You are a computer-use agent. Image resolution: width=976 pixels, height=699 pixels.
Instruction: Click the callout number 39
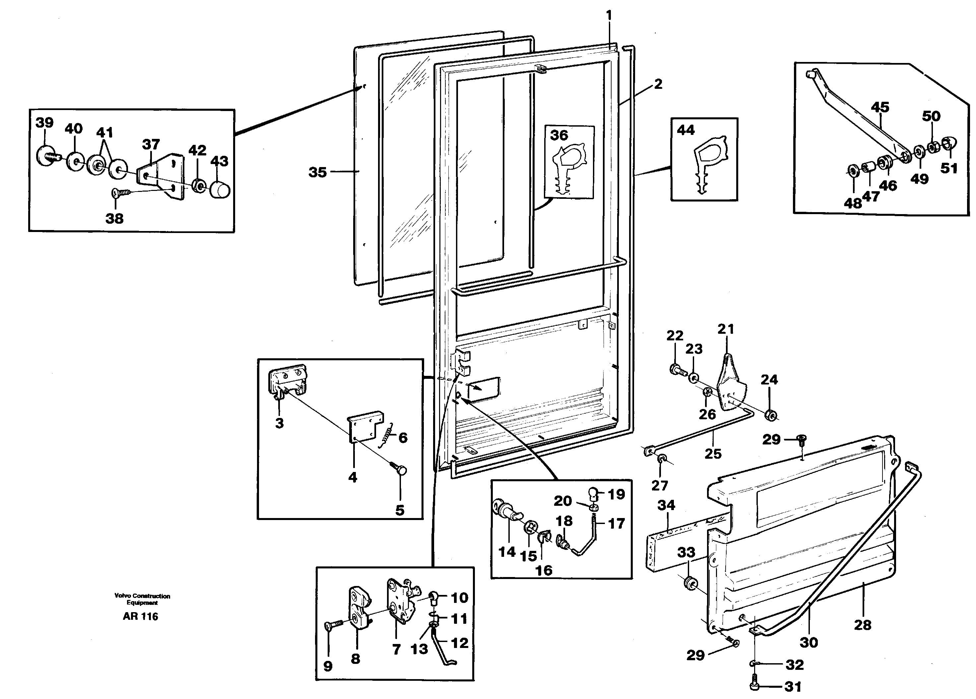[44, 123]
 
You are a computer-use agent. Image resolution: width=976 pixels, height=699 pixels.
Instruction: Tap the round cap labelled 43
[220, 190]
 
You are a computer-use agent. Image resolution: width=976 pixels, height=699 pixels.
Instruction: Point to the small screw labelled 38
[118, 194]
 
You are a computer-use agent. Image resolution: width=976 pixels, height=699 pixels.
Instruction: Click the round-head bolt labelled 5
[402, 471]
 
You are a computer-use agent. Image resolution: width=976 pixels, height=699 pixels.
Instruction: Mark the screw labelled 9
[331, 625]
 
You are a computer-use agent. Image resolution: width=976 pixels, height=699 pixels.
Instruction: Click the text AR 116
[140, 616]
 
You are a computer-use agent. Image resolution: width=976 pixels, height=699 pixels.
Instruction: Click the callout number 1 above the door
[609, 16]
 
